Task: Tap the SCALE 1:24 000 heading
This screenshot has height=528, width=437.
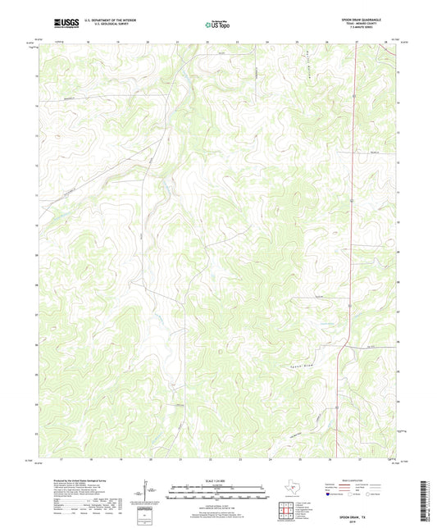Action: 218,482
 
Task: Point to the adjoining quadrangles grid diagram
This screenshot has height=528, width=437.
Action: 286,510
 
